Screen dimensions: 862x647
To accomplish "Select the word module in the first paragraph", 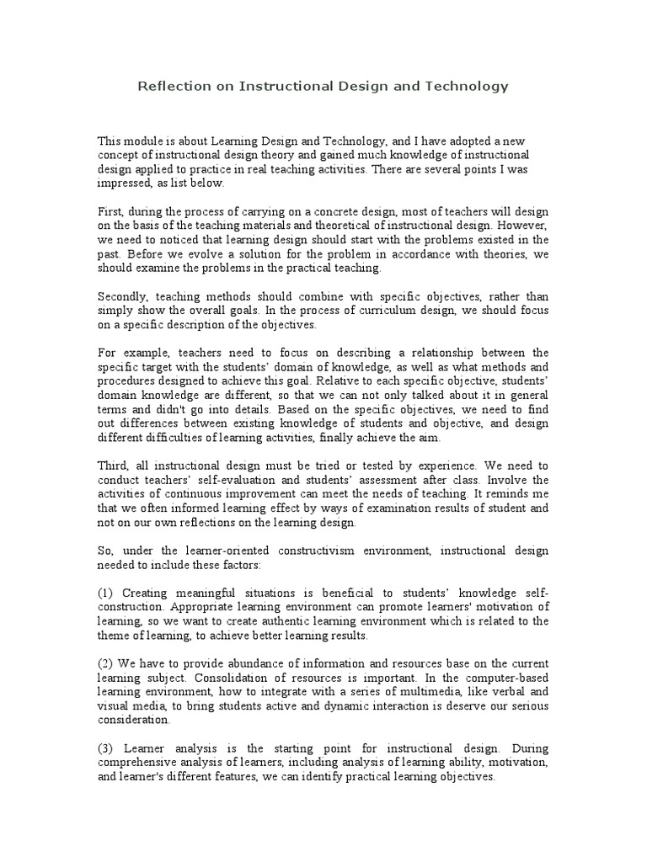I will [x=143, y=141].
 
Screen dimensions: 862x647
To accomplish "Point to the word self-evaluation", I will [x=238, y=479].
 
